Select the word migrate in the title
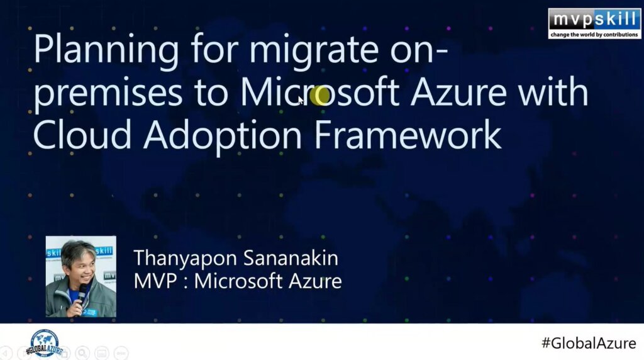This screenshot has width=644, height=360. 314,51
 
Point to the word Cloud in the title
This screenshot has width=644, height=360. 82,134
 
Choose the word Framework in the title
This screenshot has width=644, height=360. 408,134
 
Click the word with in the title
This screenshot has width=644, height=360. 553,91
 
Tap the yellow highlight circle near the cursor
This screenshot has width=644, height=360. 319,96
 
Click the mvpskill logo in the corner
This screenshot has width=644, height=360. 594,23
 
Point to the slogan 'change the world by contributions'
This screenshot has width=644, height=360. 594,35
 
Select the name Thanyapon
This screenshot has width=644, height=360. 186,259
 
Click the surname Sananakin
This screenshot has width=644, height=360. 291,257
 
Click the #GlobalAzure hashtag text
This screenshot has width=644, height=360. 589,343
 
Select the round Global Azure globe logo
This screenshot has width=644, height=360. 45,343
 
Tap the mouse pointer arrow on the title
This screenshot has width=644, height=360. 301,101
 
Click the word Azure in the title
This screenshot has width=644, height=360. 458,91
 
